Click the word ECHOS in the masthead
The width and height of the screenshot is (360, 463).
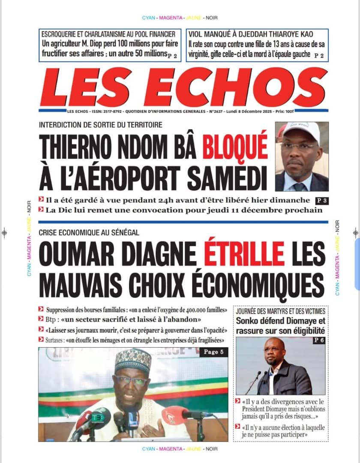(x=241, y=88)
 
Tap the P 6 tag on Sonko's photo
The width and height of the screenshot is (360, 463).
(x=318, y=340)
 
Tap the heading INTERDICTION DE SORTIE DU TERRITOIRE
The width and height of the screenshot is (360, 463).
(x=100, y=125)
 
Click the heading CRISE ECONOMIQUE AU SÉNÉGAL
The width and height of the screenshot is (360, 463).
(x=89, y=233)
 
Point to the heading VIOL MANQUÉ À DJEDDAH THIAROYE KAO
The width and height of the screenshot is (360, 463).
(x=251, y=34)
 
